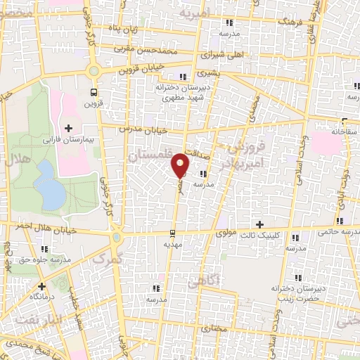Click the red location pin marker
181,165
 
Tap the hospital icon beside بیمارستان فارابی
68,128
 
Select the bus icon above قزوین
94,92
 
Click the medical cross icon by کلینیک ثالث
260,224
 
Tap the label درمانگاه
41,297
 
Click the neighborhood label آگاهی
205,280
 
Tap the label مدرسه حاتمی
337,231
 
